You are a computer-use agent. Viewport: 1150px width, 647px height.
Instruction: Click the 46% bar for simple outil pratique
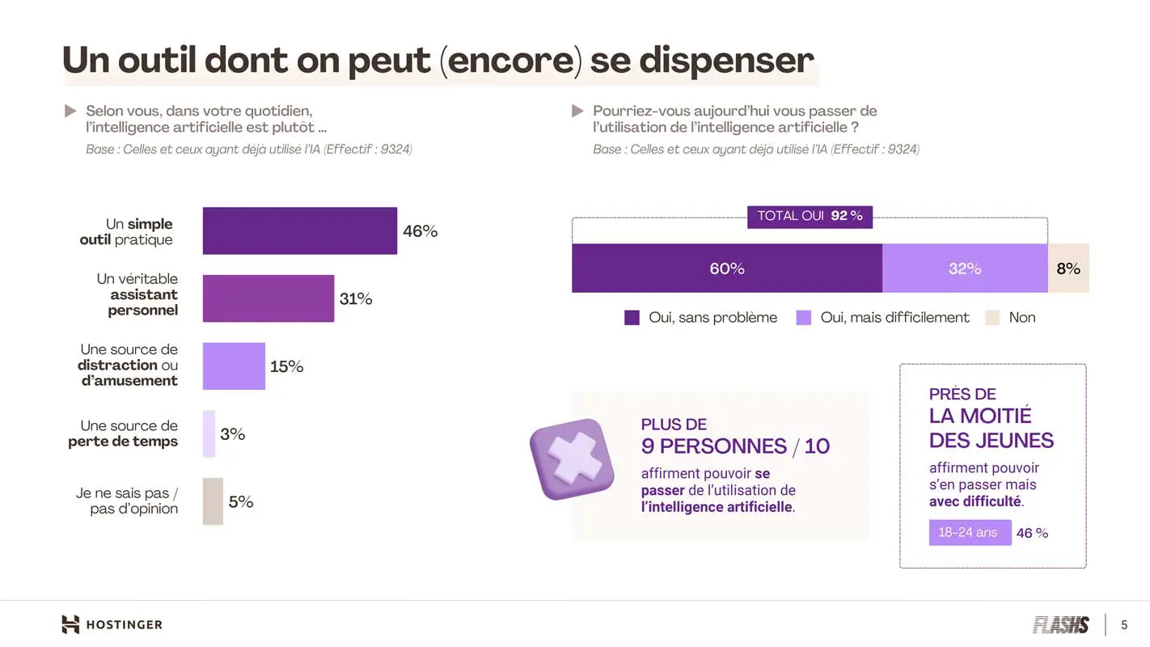[x=299, y=230]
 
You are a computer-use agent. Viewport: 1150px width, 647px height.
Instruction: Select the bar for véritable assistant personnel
[x=268, y=298]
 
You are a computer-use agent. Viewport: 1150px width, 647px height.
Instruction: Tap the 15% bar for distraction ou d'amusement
[x=234, y=366]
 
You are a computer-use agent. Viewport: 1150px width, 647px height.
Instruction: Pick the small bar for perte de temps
[x=209, y=433]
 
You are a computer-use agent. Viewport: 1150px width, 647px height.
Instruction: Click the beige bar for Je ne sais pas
[x=213, y=501]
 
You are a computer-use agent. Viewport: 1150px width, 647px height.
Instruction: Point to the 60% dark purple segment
[x=726, y=269]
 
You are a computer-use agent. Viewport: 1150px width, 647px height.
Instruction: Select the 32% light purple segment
[x=964, y=269]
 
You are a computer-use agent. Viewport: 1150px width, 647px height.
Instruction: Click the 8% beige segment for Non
[x=1068, y=269]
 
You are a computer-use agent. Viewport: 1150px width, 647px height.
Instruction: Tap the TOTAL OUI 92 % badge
[x=810, y=216]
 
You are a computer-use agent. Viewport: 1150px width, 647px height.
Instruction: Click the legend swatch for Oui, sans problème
[x=632, y=318]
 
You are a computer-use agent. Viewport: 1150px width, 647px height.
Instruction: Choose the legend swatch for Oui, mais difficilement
[x=803, y=318]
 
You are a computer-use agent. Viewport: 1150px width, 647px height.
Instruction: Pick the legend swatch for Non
[x=992, y=318]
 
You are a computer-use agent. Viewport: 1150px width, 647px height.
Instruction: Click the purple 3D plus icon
[x=572, y=459]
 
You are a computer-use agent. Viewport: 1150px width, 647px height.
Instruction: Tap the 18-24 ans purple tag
[x=970, y=532]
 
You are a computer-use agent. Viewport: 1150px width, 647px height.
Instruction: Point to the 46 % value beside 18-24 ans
[x=1032, y=533]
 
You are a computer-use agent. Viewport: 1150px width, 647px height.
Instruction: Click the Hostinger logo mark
[x=71, y=624]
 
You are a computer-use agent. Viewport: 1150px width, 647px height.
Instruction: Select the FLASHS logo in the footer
[x=1060, y=624]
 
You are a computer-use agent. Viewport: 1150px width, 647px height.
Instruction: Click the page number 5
[x=1124, y=625]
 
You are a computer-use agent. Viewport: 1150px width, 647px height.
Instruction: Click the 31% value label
[x=356, y=299]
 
